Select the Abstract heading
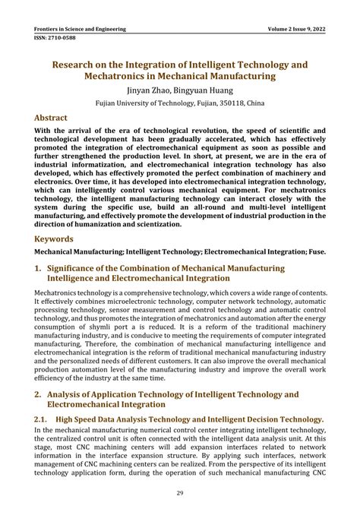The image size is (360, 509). coord(55,119)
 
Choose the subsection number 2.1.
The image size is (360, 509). coord(43,419)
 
